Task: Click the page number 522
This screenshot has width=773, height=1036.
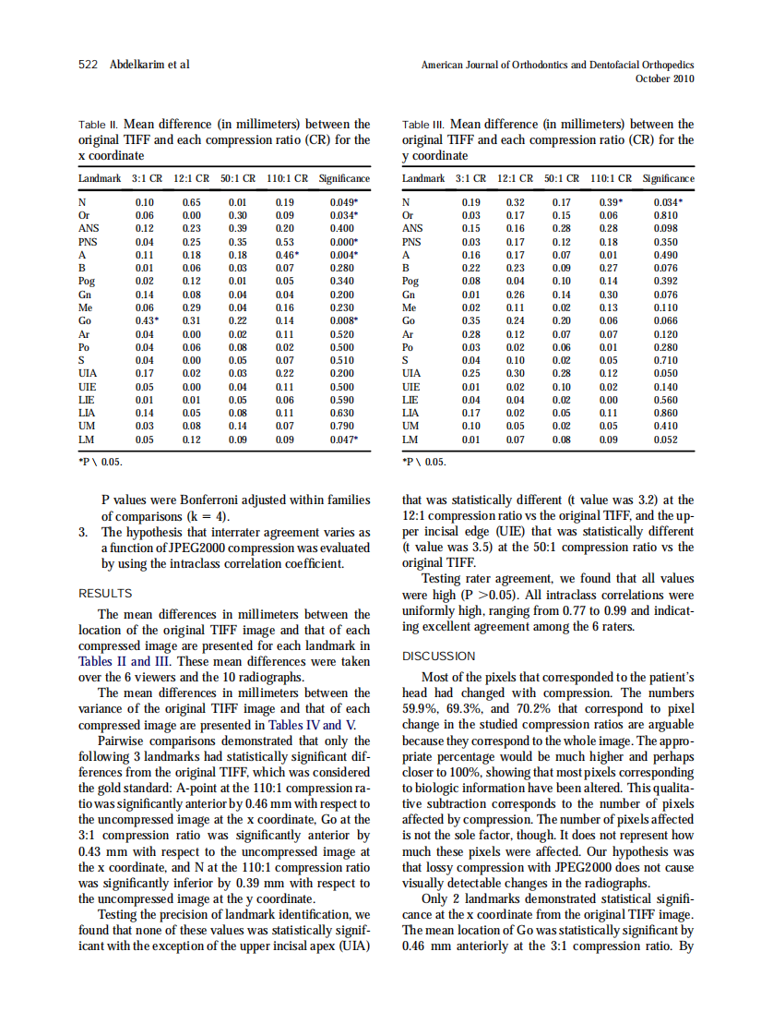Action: pyautogui.click(x=89, y=65)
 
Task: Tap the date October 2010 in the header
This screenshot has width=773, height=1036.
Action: pyautogui.click(x=665, y=78)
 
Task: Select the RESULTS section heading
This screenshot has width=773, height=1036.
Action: pyautogui.click(x=105, y=593)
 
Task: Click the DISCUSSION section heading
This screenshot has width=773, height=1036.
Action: pyautogui.click(x=439, y=656)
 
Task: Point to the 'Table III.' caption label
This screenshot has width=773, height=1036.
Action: pyautogui.click(x=424, y=125)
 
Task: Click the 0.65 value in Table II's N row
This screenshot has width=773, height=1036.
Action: pyautogui.click(x=191, y=201)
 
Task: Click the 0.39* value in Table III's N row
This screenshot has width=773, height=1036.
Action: pyautogui.click(x=611, y=201)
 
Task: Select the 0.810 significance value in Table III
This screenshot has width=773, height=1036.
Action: pyautogui.click(x=666, y=214)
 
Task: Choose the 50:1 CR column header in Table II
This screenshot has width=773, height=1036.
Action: pyautogui.click(x=237, y=178)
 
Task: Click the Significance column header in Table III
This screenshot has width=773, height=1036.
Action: pyautogui.click(x=668, y=178)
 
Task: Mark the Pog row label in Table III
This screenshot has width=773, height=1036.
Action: pyautogui.click(x=410, y=280)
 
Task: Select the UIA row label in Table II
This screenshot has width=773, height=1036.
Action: pyautogui.click(x=89, y=372)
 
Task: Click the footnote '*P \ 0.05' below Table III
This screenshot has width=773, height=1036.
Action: pyautogui.click(x=424, y=462)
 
